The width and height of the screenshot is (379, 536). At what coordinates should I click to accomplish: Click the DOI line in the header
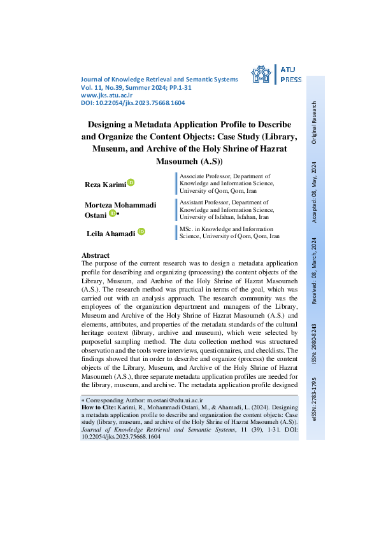pos(133,102)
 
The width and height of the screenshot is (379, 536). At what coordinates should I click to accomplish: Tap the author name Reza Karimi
pos(105,185)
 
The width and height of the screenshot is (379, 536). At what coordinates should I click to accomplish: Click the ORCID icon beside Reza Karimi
pos(131,183)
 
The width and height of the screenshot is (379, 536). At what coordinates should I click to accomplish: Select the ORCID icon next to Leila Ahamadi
pos(141,232)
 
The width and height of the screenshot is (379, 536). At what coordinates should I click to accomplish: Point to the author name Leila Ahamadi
pos(111,234)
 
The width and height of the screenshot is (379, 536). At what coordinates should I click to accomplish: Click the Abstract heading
pos(96,255)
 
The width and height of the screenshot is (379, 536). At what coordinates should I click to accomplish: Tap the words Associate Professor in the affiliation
pos(204,175)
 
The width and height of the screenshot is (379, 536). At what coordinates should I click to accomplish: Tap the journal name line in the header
pos(160,79)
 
